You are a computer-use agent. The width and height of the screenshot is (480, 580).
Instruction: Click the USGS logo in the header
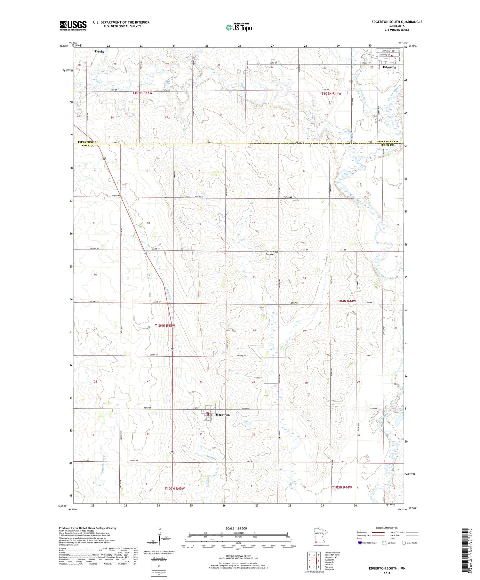(73, 26)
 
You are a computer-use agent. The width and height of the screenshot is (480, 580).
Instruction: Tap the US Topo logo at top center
(239, 27)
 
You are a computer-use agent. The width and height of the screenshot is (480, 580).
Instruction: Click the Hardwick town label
(223, 415)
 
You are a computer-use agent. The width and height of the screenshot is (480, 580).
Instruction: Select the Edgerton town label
(389, 68)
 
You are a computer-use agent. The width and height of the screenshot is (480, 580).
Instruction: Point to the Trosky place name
(99, 52)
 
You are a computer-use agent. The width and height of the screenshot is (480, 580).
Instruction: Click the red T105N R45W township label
(142, 93)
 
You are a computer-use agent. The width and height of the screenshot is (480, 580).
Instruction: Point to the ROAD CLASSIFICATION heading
(387, 528)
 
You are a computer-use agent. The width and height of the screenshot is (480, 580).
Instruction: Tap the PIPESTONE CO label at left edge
(88, 142)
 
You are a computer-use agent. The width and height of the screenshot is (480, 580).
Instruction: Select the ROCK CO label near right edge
(387, 145)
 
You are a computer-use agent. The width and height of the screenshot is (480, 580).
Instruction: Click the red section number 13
(254, 277)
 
